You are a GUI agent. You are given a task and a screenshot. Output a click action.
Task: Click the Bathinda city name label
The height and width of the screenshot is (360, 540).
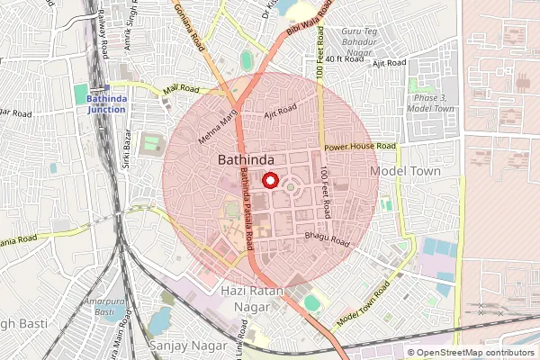[x=246, y=158]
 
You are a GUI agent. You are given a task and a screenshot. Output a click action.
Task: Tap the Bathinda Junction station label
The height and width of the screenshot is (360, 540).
[x=107, y=103]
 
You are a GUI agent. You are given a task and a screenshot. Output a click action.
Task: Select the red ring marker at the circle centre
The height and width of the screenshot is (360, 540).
[x=268, y=180]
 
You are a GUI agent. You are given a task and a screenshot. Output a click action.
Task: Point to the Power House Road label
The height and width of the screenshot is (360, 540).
[x=360, y=146]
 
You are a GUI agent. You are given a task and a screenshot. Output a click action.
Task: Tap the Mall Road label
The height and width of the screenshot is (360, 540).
[x=179, y=88]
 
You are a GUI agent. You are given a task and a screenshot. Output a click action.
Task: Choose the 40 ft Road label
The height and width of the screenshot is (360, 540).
[x=343, y=58]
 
